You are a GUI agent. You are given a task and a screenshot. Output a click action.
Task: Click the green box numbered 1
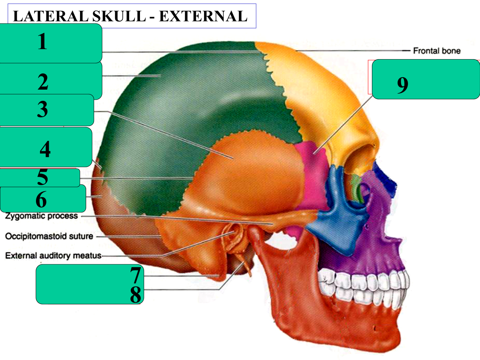point(51,43)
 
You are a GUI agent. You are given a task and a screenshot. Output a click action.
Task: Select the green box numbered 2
point(51,81)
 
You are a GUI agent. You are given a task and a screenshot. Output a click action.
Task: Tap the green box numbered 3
point(47,110)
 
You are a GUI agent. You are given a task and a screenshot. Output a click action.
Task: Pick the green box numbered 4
point(46,147)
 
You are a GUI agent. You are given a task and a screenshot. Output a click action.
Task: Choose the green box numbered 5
point(40,178)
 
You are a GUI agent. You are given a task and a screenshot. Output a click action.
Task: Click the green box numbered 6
point(43,198)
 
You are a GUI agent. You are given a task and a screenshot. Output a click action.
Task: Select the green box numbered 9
point(426,79)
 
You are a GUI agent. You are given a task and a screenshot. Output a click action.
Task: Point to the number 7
point(136,275)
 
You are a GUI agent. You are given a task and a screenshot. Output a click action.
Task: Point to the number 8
point(136,295)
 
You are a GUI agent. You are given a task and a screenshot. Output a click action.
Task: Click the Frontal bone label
point(436,51)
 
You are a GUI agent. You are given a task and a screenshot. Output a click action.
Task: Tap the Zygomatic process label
point(41,216)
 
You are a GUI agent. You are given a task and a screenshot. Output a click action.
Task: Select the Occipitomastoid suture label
point(49,236)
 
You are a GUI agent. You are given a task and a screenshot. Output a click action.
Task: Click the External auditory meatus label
point(53,256)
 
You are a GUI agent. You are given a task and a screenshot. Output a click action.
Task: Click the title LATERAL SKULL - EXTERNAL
point(130,16)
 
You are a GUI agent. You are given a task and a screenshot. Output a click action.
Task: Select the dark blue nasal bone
point(384,176)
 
